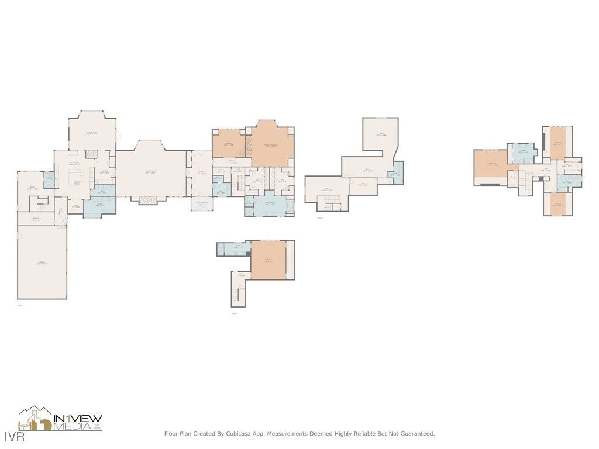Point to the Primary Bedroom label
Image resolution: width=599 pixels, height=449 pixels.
[271, 146]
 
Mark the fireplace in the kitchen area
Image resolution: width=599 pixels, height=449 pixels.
[91, 154]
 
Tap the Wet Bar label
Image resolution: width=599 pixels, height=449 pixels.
[104, 172]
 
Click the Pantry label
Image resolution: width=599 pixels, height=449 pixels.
[75, 206]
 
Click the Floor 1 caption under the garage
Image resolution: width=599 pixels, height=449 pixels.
[20, 305]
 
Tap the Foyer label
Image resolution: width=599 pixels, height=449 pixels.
[201, 173]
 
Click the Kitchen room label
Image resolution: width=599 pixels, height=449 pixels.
[74, 164]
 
